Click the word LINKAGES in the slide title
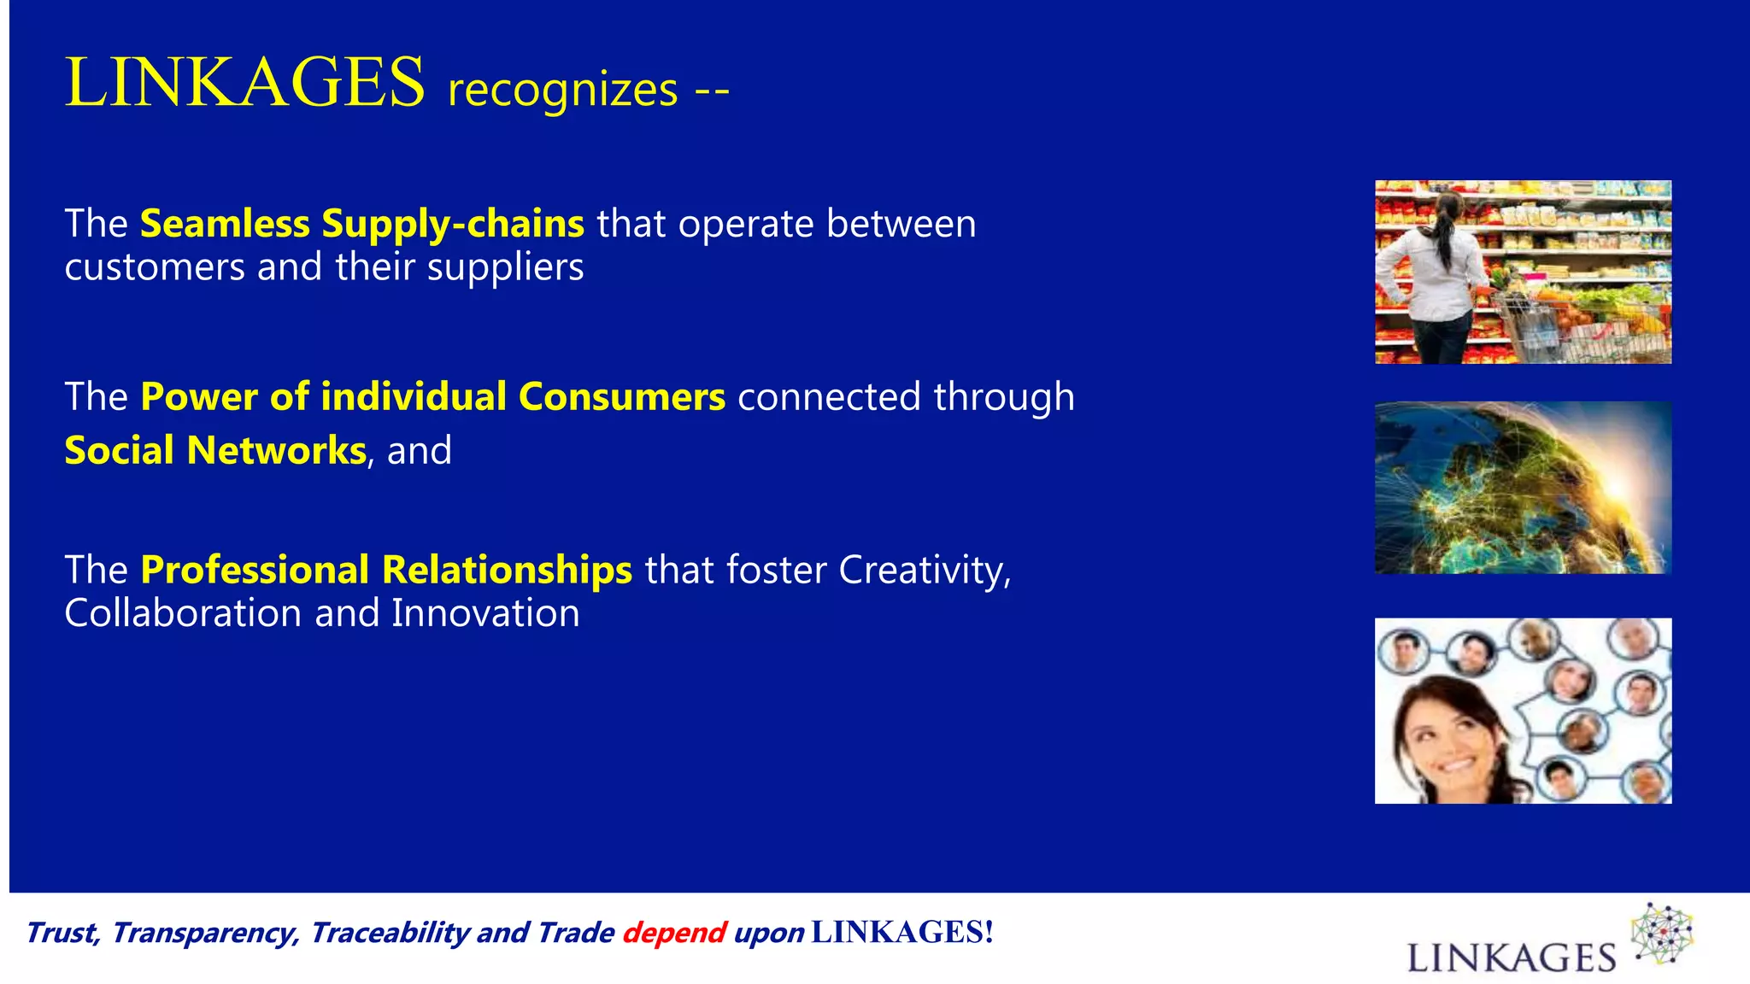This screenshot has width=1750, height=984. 244,82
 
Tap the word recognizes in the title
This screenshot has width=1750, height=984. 562,90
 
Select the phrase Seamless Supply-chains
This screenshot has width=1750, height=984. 361,224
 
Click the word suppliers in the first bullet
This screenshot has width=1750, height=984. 505,268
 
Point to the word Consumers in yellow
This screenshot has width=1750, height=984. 621,397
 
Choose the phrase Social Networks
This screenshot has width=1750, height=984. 215,451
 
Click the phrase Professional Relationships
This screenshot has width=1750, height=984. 386,570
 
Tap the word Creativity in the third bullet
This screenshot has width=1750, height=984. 922,570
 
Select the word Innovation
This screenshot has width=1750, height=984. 485,613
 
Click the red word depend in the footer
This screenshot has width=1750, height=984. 673,933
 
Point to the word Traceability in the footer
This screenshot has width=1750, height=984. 390,933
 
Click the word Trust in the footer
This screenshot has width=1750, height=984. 62,933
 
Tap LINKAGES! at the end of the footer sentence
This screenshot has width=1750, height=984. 901,932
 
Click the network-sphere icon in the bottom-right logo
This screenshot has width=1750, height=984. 1662,934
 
